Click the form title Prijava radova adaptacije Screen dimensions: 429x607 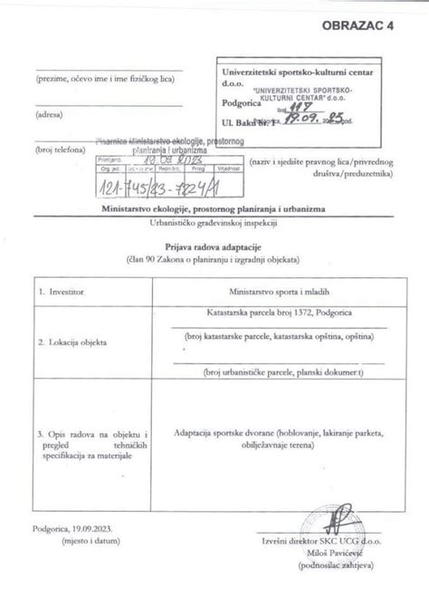click(x=214, y=246)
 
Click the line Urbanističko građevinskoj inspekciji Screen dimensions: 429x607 click(x=214, y=222)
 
